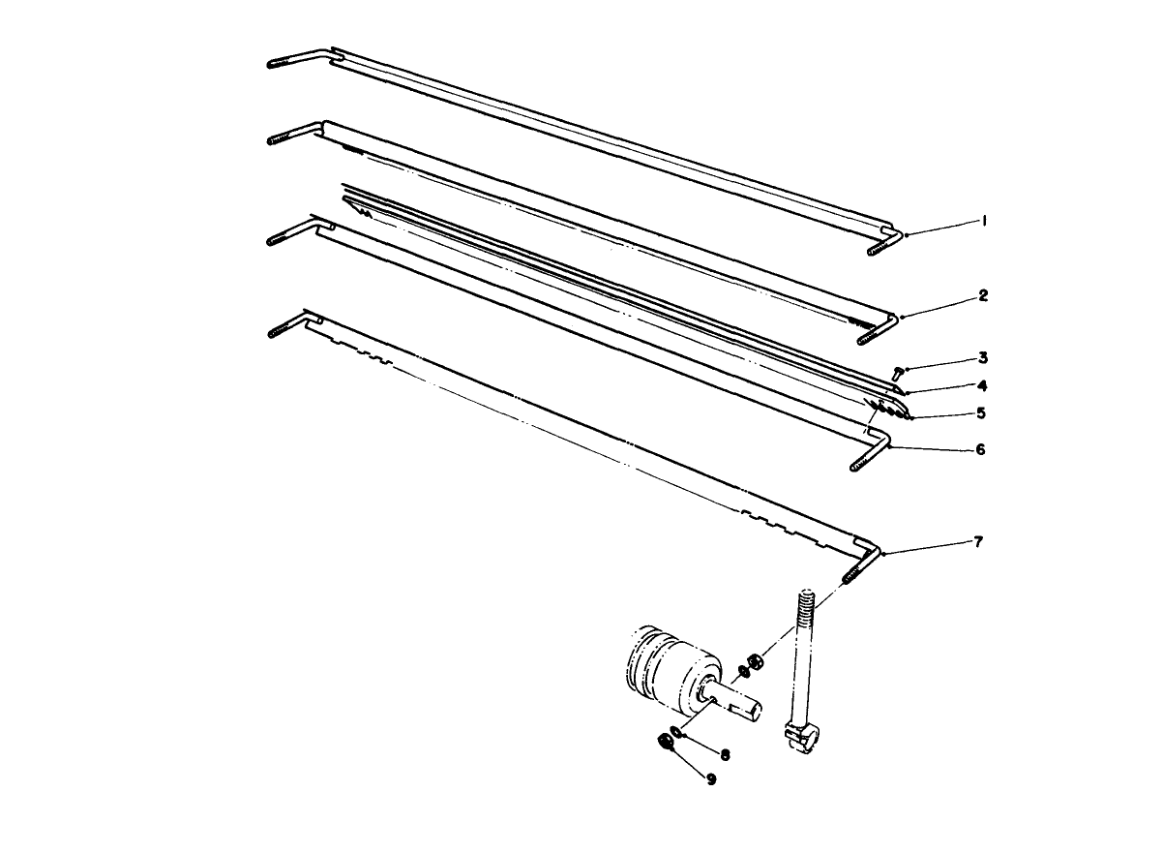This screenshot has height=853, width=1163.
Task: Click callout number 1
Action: pos(983,221)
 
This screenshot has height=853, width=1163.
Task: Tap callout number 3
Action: pos(982,357)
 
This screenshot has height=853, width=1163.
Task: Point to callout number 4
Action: pos(982,384)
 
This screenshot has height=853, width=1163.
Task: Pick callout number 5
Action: pos(981,412)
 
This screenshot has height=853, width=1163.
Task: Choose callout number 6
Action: pos(981,449)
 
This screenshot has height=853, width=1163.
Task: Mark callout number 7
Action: pos(979,542)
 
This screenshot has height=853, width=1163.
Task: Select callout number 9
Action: pos(711,778)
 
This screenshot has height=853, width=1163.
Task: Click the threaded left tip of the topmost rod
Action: pos(278,64)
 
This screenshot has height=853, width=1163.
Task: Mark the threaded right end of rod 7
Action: pos(852,575)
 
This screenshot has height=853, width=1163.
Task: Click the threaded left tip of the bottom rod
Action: pos(277,331)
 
